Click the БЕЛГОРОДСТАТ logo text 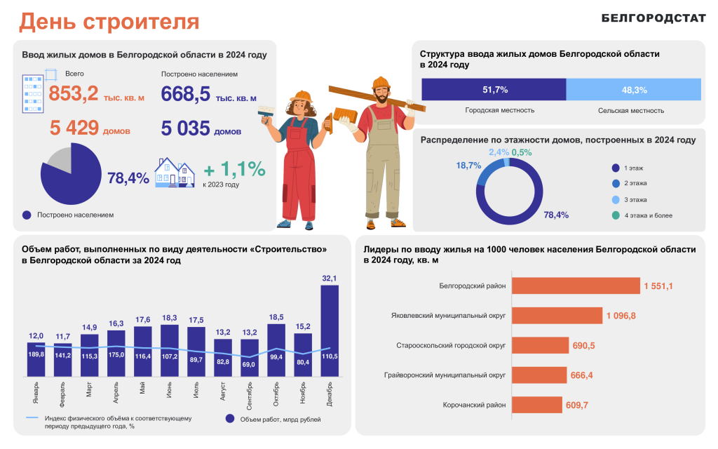pyautogui.click(x=653, y=19)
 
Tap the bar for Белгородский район pyautogui.click(x=576, y=286)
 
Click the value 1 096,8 pyautogui.click(x=621, y=316)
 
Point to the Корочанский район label pyautogui.click(x=475, y=405)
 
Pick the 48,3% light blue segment pyautogui.click(x=634, y=90)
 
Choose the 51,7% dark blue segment pyautogui.click(x=494, y=90)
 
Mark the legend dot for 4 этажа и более pyautogui.click(x=615, y=215)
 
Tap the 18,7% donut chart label pyautogui.click(x=468, y=166)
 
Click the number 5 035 pyautogui.click(x=186, y=129)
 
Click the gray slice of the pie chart pyautogui.click(x=59, y=160)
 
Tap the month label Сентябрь pyautogui.click(x=249, y=395)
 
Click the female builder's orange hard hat pyautogui.click(x=302, y=96)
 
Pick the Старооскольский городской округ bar pyautogui.click(x=540, y=345)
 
